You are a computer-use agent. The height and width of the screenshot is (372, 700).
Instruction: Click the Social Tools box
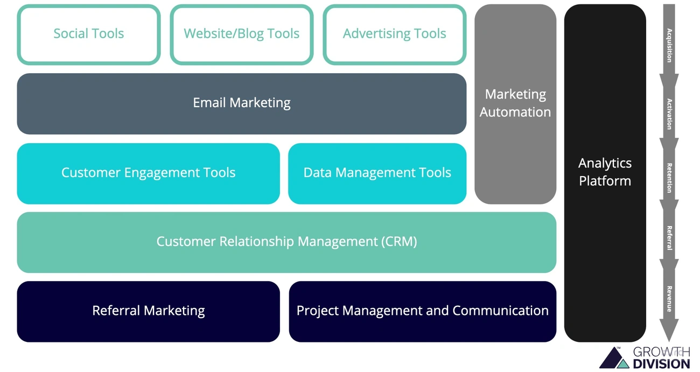pos(89,34)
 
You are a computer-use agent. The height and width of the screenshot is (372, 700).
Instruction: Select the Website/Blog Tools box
pos(242,34)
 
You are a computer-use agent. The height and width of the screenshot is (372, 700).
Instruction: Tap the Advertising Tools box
pos(395,34)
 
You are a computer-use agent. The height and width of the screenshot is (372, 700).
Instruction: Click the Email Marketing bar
pos(242,103)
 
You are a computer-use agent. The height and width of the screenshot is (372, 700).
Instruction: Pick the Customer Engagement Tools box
pos(148,173)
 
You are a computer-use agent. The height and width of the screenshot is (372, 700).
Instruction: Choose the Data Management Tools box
pos(377,173)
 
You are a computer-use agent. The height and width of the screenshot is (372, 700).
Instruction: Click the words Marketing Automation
pos(515,103)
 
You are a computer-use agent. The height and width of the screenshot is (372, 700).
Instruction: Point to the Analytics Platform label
pos(605,172)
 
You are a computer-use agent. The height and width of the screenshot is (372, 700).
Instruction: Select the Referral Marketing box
pos(148,311)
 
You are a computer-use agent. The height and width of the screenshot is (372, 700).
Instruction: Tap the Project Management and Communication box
pos(423,311)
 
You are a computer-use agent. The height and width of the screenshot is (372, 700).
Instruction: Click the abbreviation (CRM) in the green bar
pos(399,242)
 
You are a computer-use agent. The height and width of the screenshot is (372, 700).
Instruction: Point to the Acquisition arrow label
pos(669,46)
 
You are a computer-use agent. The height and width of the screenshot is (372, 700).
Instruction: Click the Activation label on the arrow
pos(669,114)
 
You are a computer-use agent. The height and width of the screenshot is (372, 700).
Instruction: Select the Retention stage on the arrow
pos(669,178)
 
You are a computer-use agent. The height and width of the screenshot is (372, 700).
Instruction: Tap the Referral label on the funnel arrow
pos(669,237)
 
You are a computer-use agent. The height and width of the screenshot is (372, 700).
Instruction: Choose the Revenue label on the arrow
pos(669,299)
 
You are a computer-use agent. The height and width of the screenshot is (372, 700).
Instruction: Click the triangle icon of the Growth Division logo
pos(614,359)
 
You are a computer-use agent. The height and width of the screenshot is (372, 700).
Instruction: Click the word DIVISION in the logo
pos(662,363)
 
